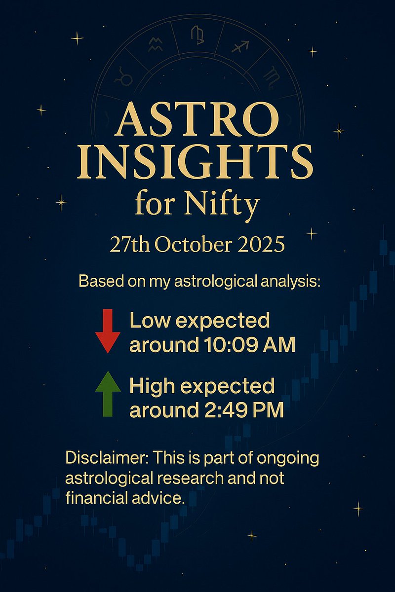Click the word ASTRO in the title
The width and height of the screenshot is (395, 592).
tap(197, 120)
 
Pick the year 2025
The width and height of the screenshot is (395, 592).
tap(262, 244)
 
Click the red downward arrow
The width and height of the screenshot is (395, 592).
tap(108, 331)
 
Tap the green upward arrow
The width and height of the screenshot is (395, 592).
tap(108, 395)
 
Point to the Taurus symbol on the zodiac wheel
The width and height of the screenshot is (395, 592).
tap(120, 78)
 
